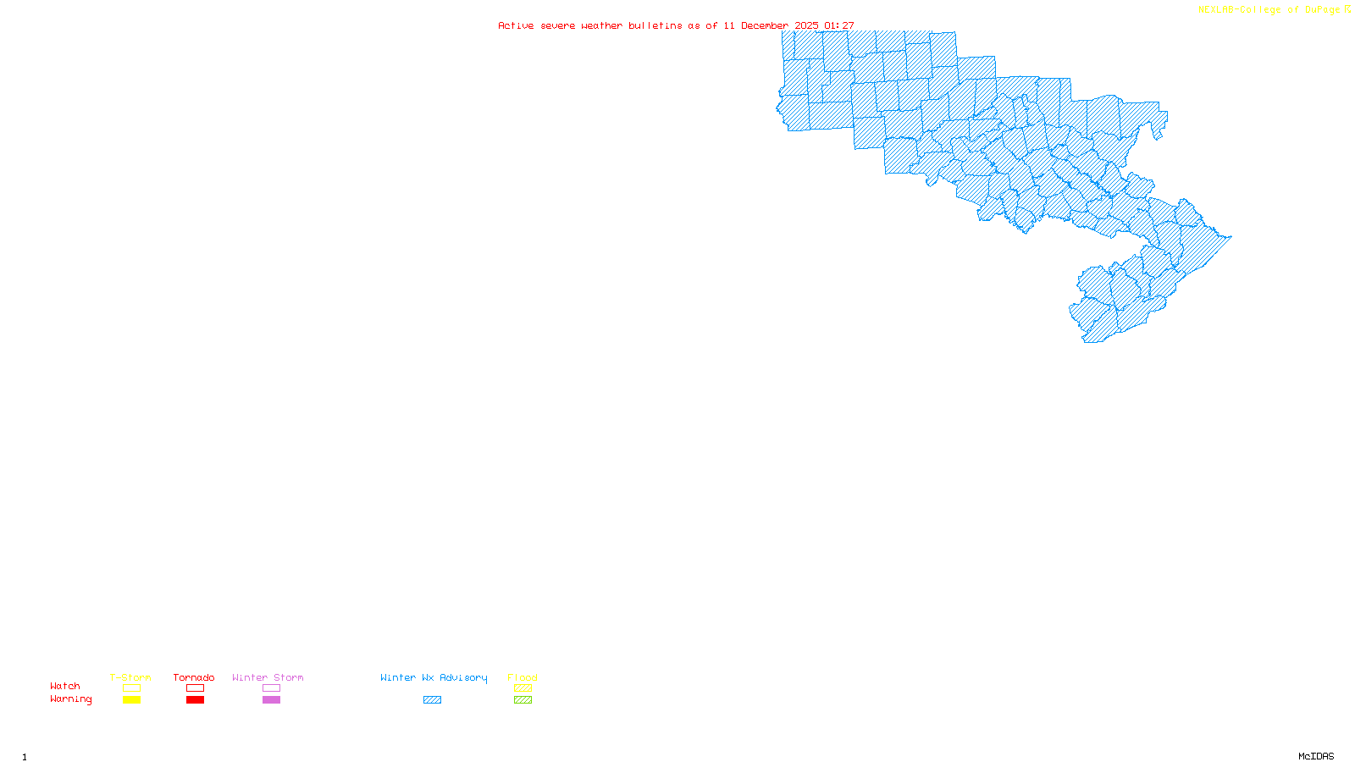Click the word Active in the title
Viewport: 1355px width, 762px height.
coord(516,25)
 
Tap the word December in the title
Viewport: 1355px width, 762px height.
coord(765,25)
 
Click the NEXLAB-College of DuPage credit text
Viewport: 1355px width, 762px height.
coord(1269,9)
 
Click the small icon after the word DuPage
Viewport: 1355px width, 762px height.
coord(1347,9)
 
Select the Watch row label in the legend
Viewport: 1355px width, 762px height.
coord(65,686)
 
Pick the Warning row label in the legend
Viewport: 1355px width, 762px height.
coord(70,699)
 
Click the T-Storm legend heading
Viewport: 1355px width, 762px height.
coord(130,677)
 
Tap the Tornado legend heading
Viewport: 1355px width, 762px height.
coord(194,677)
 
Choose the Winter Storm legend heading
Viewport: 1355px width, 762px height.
coord(268,677)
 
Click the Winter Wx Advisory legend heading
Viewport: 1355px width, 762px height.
coord(434,677)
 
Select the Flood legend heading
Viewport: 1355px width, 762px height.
coord(523,677)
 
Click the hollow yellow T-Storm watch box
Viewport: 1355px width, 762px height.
coord(131,688)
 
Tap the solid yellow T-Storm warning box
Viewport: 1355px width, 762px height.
coord(131,700)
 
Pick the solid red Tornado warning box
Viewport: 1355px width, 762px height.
coord(195,700)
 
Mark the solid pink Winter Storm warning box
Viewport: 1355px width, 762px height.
coord(271,700)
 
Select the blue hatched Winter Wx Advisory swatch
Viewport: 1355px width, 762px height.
coord(432,700)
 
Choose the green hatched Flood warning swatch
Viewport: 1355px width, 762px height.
coord(523,700)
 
